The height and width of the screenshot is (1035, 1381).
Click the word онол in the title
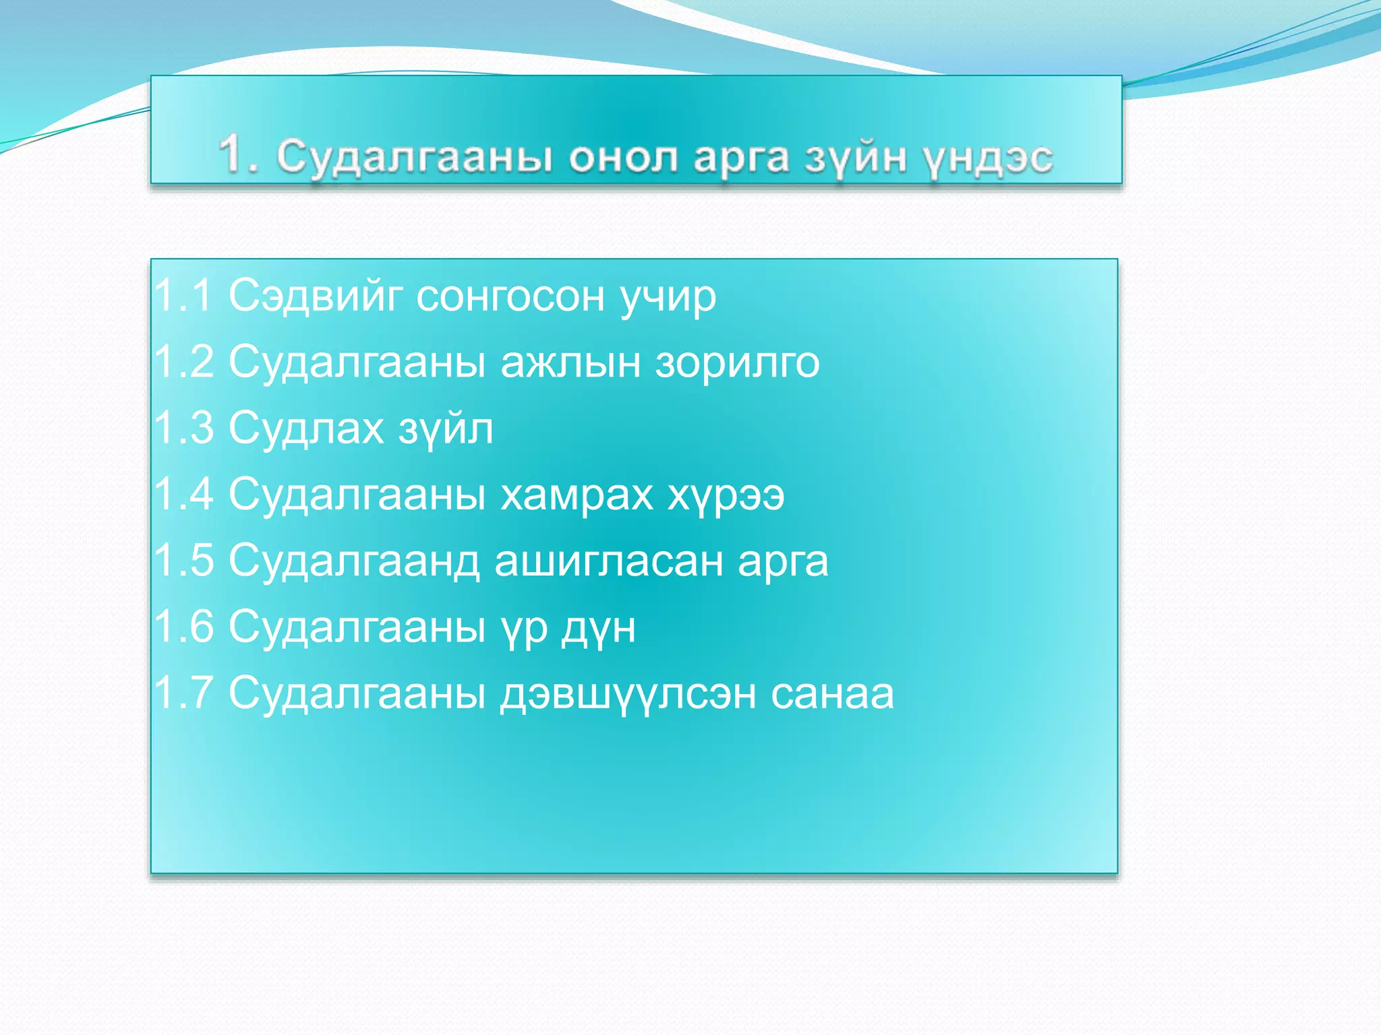(622, 158)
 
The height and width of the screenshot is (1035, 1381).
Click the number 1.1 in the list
(183, 295)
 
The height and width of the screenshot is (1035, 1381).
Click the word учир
(668, 298)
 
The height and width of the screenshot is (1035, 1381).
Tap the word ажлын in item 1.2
(570, 363)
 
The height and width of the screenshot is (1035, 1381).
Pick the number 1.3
(183, 427)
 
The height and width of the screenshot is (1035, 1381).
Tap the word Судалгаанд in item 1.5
(353, 561)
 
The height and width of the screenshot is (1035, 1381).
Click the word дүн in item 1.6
(599, 628)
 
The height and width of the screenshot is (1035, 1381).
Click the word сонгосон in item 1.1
(510, 296)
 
